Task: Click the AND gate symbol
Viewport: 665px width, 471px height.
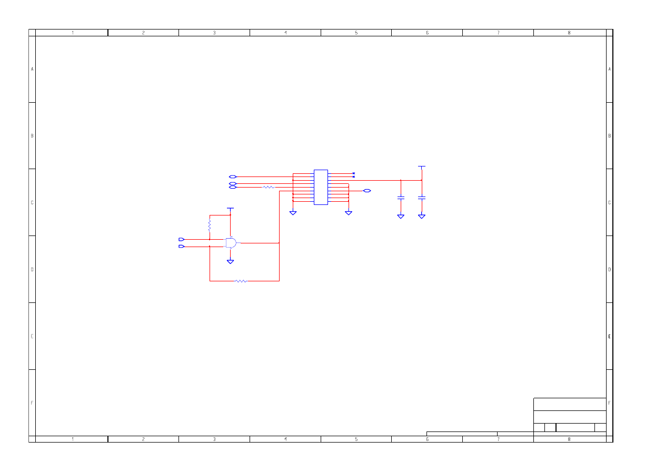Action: [231, 243]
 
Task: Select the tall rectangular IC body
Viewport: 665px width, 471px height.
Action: [322, 188]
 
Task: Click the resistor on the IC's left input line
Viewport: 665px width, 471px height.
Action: [269, 188]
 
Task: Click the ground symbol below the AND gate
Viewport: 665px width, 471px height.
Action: [231, 262]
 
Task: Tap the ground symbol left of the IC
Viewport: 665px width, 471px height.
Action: [294, 213]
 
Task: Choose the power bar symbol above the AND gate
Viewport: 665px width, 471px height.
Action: [231, 209]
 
